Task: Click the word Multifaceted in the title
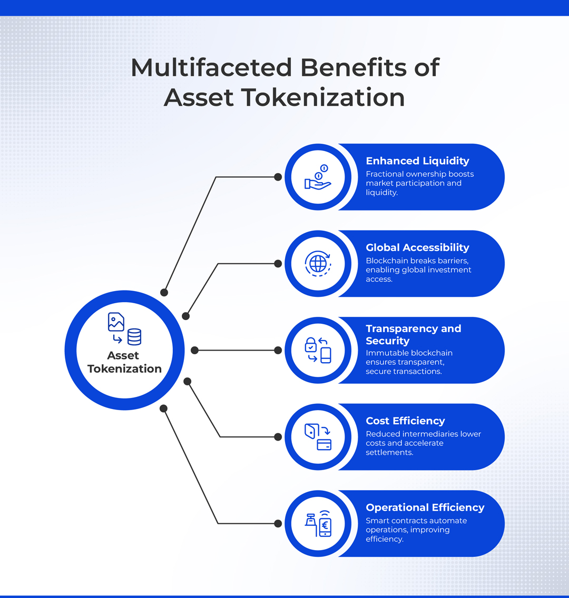click(x=211, y=67)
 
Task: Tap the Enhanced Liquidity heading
click(x=417, y=161)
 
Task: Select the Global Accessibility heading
click(x=417, y=247)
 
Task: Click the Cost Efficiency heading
click(x=405, y=421)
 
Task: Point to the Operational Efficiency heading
click(x=425, y=507)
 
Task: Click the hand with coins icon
click(x=318, y=177)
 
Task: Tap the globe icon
click(x=318, y=264)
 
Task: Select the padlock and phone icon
click(x=318, y=350)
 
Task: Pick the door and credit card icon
click(x=318, y=437)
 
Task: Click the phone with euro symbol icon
click(x=318, y=523)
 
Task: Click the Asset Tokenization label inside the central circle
click(x=124, y=362)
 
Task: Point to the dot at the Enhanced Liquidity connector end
click(x=278, y=177)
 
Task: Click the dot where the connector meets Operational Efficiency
click(x=278, y=524)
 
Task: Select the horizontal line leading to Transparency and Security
click(x=236, y=350)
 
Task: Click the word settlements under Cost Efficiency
click(x=389, y=452)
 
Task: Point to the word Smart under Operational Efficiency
click(x=376, y=521)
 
